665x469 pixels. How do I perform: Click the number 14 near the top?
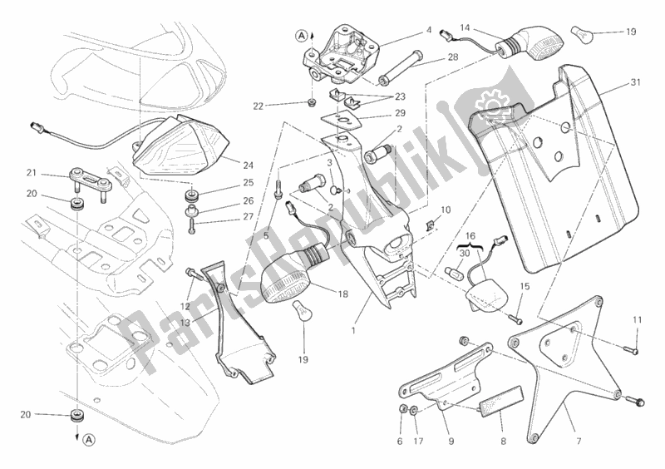(465, 27)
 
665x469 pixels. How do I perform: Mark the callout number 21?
(32, 174)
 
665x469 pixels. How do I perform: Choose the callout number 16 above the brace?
(470, 236)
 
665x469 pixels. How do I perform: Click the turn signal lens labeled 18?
(292, 282)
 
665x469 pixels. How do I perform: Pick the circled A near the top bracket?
(298, 34)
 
